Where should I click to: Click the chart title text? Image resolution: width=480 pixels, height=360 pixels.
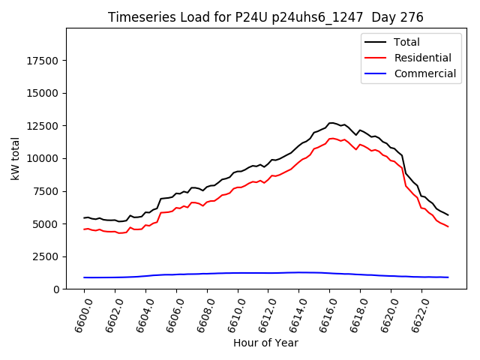[265, 17]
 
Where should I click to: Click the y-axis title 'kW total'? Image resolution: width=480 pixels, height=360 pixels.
[16, 158]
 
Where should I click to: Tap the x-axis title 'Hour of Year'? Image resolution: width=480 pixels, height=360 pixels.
[265, 343]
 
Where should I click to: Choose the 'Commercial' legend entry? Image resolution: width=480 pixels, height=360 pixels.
[424, 73]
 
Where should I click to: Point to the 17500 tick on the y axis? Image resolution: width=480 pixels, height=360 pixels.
[43, 61]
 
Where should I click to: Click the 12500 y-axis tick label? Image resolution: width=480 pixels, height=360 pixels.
[43, 126]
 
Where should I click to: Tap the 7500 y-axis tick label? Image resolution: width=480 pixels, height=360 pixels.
[46, 191]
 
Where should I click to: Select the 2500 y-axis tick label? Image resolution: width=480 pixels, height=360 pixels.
[46, 256]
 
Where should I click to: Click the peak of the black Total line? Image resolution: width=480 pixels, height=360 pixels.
[331, 122]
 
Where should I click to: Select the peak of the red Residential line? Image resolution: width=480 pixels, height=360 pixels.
[331, 138]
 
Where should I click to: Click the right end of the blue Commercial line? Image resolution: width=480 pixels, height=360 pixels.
[448, 277]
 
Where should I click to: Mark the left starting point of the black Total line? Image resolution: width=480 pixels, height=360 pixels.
[84, 217]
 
